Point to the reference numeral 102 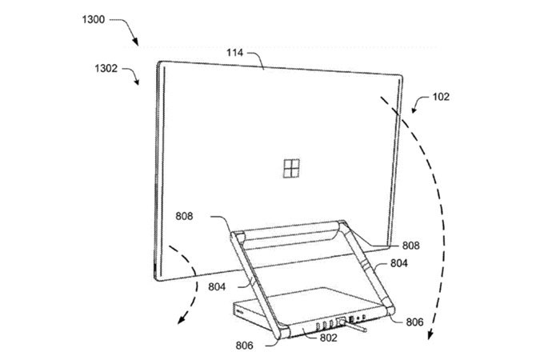coord(442,98)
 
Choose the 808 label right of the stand coord(411,246)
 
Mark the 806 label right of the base coord(414,323)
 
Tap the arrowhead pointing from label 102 coord(413,112)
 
